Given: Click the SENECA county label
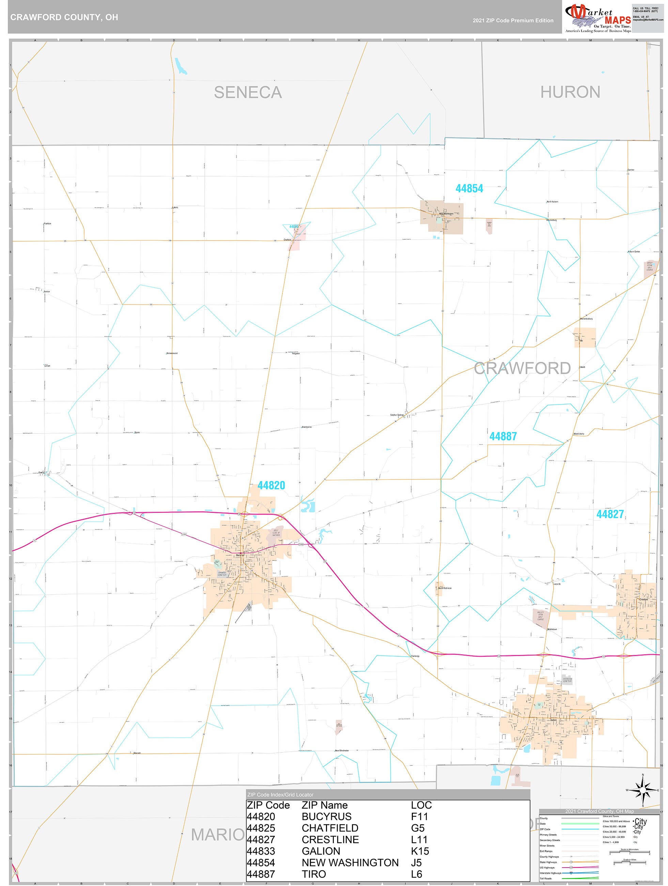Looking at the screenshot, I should [248, 93].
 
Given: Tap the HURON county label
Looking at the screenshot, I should [570, 92].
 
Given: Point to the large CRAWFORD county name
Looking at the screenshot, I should [522, 368].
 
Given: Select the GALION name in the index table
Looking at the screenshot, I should [321, 851].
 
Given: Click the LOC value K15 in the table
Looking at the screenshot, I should [420, 851].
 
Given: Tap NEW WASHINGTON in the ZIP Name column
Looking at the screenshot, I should [350, 862].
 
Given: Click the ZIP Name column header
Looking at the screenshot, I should [324, 805].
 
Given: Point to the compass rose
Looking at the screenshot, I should [642, 790].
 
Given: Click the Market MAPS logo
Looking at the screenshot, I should [597, 17].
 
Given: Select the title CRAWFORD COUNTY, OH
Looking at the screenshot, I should [64, 17].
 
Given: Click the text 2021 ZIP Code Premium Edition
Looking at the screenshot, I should [513, 20].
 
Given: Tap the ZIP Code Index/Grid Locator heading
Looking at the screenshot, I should [280, 795].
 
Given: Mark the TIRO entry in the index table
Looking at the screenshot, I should [314, 874].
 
